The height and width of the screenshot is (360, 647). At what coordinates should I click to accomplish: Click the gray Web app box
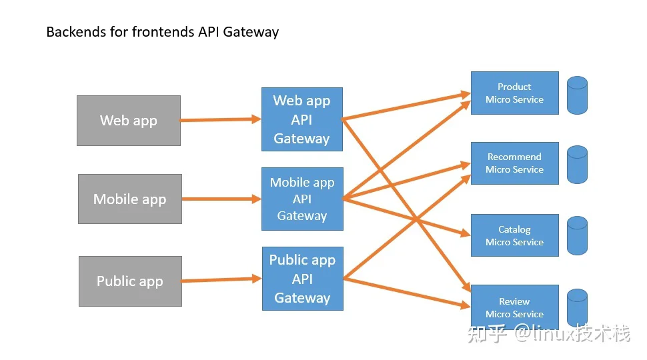pos(129,121)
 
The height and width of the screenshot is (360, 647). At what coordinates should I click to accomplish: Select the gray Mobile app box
pos(130,199)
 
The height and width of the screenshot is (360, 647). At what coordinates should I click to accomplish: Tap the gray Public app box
pos(130,281)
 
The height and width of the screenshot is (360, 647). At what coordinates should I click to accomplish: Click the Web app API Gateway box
pos(302,119)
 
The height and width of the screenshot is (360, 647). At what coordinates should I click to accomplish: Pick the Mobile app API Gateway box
pos(302,199)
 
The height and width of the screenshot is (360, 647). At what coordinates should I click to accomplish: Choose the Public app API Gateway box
pos(303,279)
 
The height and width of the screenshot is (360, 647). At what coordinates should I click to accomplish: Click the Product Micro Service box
pos(515,93)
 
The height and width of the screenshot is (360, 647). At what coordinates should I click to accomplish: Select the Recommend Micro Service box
pos(515,163)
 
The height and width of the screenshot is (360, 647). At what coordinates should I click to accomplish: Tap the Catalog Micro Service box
pos(515,235)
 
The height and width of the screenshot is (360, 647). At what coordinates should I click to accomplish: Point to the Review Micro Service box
pos(515,307)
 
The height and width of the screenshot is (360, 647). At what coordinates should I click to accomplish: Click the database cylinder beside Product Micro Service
pos(577,95)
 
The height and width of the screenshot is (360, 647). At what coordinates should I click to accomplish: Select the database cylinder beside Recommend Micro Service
pos(577,165)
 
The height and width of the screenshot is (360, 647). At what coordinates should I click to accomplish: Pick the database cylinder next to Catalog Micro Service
pos(577,235)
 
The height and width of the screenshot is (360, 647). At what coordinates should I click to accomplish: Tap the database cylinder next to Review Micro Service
pos(577,307)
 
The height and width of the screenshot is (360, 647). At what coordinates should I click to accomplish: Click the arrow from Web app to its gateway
pos(221,119)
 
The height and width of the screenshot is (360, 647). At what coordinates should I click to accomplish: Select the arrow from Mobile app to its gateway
pos(221,199)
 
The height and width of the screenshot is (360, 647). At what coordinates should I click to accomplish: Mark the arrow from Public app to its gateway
pos(221,280)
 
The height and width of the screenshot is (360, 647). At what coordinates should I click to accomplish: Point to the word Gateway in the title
pos(251,32)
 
